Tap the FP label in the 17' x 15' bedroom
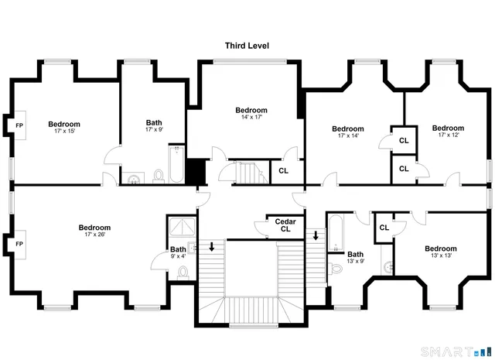coord(20,125)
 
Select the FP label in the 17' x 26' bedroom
coord(20,244)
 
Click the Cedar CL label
coord(285,225)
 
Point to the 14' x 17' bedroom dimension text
coord(251,118)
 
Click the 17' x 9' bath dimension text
coord(154,130)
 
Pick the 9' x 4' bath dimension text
coord(178,256)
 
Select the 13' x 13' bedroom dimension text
coord(440,256)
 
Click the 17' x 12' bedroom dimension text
coord(448,135)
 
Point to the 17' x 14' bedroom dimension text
coord(347,136)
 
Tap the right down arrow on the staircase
coord(316,235)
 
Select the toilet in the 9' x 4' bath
coord(183,272)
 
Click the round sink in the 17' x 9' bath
coord(134,180)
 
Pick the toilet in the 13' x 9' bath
coord(336,268)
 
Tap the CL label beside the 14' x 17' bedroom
coord(283,170)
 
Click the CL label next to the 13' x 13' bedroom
coord(384,228)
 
